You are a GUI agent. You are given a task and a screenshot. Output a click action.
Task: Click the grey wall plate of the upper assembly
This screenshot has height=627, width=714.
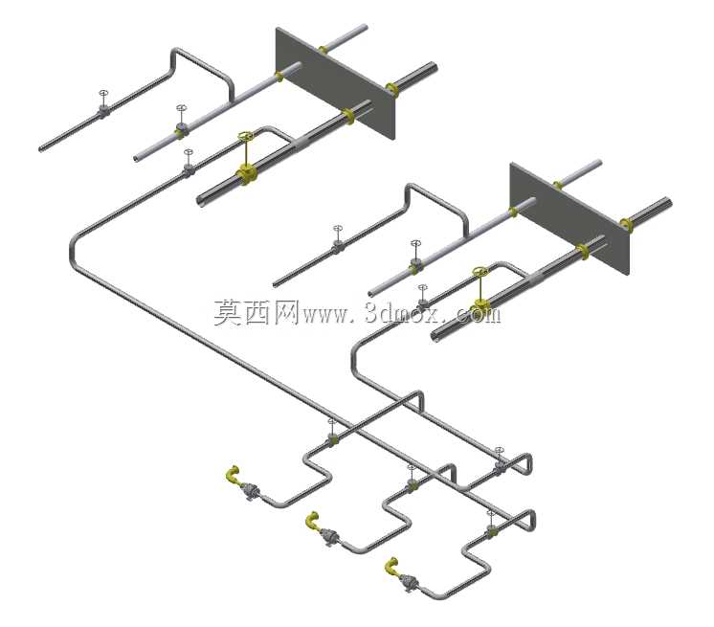pyautogui.click(x=336, y=83)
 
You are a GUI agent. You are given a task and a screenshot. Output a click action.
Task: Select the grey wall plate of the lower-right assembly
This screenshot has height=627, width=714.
pyautogui.click(x=570, y=218)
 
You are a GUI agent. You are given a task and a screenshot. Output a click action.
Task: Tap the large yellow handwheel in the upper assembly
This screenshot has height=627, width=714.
pyautogui.click(x=245, y=136)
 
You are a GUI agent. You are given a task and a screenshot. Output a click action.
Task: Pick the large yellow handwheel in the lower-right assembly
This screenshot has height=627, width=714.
pyautogui.click(x=480, y=272)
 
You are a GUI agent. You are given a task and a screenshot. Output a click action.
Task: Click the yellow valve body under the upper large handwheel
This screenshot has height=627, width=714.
pyautogui.click(x=246, y=175)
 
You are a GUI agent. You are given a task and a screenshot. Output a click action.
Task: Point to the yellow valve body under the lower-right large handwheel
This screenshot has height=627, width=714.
pyautogui.click(x=480, y=306)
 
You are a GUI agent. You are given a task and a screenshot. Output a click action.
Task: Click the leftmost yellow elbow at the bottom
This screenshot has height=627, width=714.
pyautogui.click(x=233, y=474)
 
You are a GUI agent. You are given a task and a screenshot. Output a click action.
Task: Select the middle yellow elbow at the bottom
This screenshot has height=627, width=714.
pyautogui.click(x=312, y=521)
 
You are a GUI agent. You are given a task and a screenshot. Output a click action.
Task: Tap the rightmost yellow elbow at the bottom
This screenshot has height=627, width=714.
pyautogui.click(x=391, y=566)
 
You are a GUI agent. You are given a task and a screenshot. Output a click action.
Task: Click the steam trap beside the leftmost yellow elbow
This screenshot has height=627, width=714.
pyautogui.click(x=250, y=491)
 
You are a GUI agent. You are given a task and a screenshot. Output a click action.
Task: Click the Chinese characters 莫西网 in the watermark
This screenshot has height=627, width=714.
pyautogui.click(x=257, y=312)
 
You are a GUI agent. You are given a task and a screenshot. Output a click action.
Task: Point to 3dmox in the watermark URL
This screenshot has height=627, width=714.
pyautogui.click(x=400, y=313)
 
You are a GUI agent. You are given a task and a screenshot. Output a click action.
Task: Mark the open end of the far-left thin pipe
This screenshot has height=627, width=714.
pyautogui.click(x=41, y=149)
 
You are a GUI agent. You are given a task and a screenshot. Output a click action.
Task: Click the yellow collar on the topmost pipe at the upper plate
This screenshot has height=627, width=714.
pyautogui.click(x=324, y=49)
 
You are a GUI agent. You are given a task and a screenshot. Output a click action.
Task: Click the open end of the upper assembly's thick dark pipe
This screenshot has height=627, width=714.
pyautogui.click(x=200, y=200)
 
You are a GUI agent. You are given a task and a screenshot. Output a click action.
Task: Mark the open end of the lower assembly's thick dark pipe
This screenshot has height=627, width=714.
pyautogui.click(x=435, y=337)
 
